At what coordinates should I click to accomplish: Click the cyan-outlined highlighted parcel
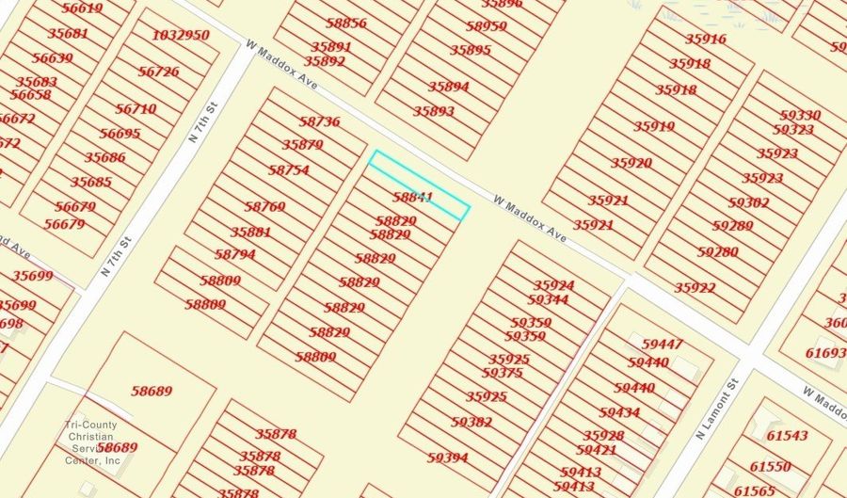coord(418,185)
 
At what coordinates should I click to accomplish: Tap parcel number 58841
coord(412,198)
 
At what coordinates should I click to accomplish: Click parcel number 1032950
coord(181,36)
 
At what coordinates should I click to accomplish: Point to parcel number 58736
coord(319,121)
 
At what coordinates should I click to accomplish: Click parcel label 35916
coord(706,40)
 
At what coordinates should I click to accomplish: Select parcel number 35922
coord(695,288)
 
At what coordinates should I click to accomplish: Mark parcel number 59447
coord(663,345)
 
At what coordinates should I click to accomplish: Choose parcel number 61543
coord(787,436)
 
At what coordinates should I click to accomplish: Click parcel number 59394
coord(447,458)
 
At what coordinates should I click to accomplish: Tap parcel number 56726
coord(158,72)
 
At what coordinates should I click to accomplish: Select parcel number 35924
coord(553,285)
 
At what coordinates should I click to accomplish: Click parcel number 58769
coord(264,206)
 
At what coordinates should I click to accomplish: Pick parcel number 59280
coord(717,252)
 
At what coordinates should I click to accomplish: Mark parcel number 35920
coord(631,163)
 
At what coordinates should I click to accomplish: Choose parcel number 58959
coord(487,26)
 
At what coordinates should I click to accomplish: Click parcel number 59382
coord(471,423)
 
